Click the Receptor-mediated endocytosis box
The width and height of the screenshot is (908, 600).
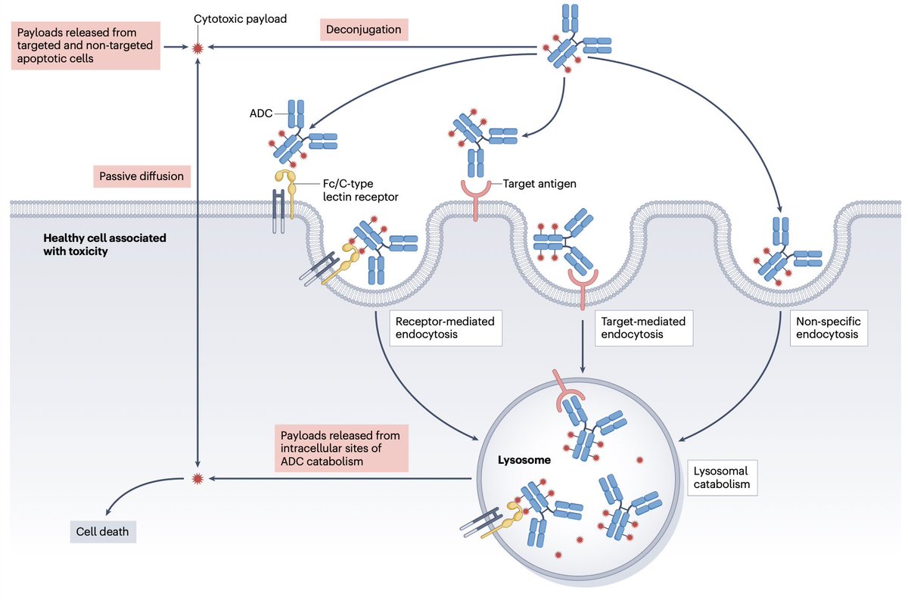tap(446, 328)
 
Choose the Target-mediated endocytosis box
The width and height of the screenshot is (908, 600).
tap(642, 328)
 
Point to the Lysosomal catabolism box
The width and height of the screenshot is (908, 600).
tap(722, 477)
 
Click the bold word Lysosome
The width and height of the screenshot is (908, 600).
tap(524, 459)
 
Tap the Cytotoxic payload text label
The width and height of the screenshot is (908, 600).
tap(241, 18)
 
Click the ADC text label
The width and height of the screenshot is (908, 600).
tap(261, 114)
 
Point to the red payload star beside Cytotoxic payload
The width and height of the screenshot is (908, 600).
tap(198, 48)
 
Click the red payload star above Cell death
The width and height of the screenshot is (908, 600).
tap(198, 478)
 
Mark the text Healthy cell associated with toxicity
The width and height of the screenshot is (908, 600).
tap(104, 244)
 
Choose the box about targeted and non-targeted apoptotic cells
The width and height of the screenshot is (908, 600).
tap(86, 45)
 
